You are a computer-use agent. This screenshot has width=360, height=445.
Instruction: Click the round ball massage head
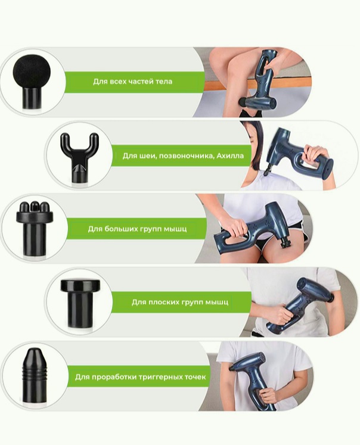tap(32, 81)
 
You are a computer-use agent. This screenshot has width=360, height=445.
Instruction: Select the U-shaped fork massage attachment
tap(79, 157)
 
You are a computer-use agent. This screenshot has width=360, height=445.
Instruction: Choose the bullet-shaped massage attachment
tap(34, 375)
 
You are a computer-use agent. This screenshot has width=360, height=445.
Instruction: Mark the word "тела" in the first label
tap(164, 82)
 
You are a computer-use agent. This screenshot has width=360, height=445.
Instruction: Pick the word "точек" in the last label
tap(197, 377)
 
